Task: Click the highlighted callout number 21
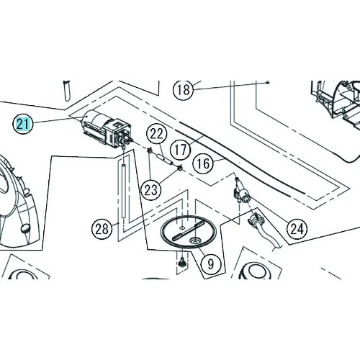point(22,124)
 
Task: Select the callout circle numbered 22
point(157,134)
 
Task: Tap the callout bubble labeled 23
point(151,190)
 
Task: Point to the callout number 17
point(180,150)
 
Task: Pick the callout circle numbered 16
point(203,164)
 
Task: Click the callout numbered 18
point(183,90)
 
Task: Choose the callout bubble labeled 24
point(297,229)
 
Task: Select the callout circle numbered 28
point(102,229)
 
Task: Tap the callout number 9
point(210,264)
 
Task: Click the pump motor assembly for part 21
point(107,129)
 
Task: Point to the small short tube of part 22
point(164,160)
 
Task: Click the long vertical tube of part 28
point(124,191)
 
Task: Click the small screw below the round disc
point(182,261)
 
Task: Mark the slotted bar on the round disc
point(188,231)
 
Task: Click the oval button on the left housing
point(26,228)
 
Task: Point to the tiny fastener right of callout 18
point(268,82)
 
